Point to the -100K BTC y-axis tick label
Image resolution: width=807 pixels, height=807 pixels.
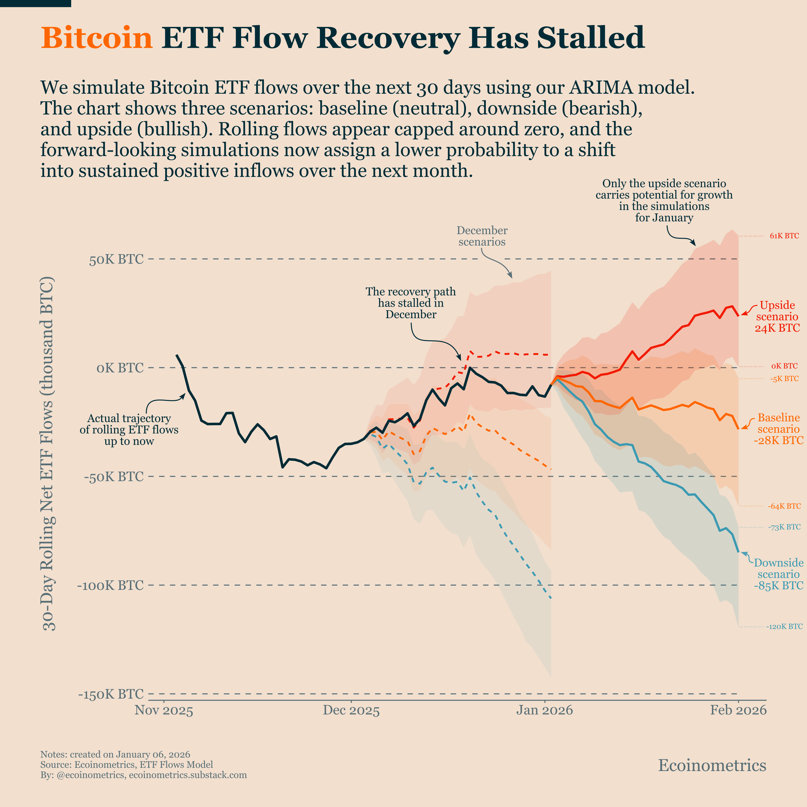coord(110,585)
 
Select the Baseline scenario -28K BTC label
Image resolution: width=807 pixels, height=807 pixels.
coord(778,429)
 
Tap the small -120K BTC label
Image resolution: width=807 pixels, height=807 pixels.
coord(784,627)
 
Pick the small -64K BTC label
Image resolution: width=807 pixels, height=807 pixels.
coord(784,506)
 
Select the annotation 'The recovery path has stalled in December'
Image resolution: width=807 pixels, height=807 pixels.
coord(411,303)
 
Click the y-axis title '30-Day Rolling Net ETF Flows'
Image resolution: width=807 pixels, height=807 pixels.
coord(49,453)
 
